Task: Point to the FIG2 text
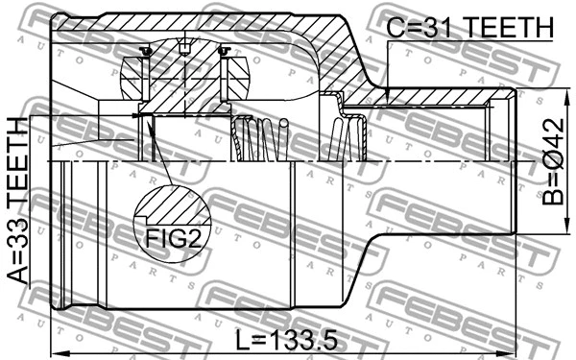(x=174, y=236)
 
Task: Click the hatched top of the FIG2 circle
(x=174, y=204)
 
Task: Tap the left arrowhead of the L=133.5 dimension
(x=54, y=350)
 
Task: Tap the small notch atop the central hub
(x=184, y=48)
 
